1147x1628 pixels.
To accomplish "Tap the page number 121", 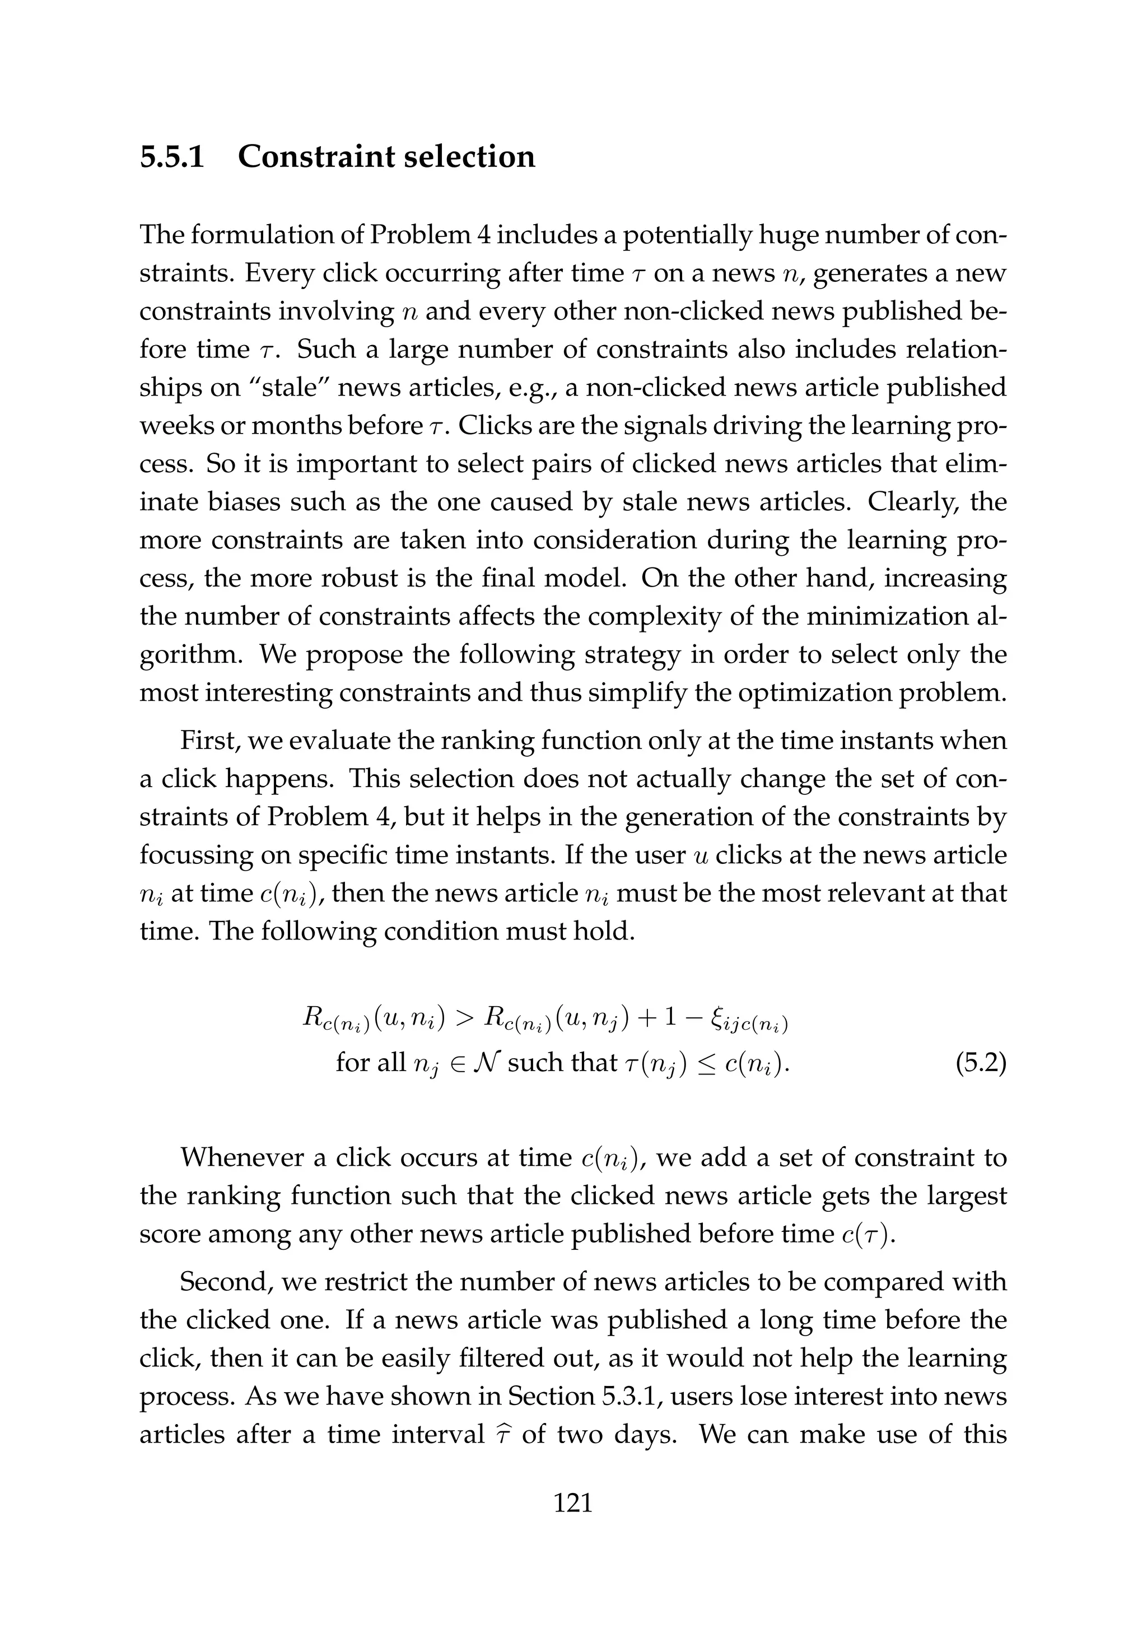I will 573,1522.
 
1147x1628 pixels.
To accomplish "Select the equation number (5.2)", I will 981,1063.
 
